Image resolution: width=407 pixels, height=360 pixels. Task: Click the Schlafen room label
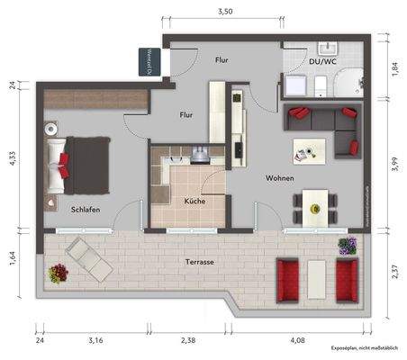(86, 210)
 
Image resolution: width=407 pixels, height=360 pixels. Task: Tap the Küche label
(194, 201)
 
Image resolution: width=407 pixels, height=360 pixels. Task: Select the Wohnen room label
(280, 178)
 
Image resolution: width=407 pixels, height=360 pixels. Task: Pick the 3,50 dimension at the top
(225, 11)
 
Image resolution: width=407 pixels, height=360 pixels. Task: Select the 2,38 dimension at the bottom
(187, 341)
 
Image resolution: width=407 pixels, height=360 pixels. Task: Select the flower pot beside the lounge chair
(59, 271)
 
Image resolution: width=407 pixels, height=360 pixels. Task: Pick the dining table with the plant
(315, 207)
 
